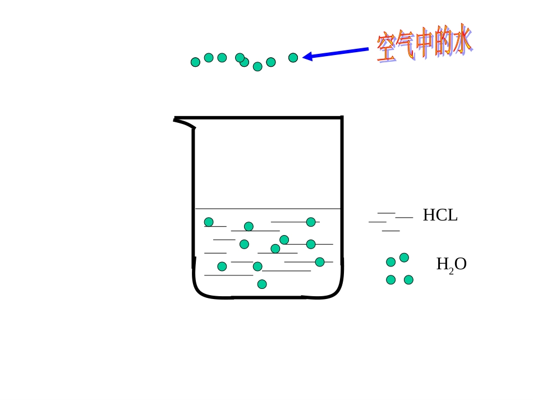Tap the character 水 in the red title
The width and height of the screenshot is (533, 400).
pos(461,40)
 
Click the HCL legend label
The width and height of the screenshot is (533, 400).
pos(440,215)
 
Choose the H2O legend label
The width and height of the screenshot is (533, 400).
pos(451,264)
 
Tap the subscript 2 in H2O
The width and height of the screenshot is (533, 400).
pos(451,272)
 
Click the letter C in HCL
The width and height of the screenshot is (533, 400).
pos(440,215)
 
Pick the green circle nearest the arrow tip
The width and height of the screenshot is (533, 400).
pos(293,58)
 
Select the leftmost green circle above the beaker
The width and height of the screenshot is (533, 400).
pos(195,62)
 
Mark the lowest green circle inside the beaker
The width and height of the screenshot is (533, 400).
pos(262,284)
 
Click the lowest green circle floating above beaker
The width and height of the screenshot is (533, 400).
pos(258,67)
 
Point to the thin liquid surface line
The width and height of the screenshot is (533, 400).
pos(268,209)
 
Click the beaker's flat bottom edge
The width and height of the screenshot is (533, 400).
pos(268,297)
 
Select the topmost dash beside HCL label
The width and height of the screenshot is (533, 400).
pos(386,213)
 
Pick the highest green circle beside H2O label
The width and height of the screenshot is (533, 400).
pos(404,258)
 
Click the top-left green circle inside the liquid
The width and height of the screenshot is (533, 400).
pos(209,222)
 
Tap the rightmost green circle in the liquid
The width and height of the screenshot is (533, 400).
pos(320,262)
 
